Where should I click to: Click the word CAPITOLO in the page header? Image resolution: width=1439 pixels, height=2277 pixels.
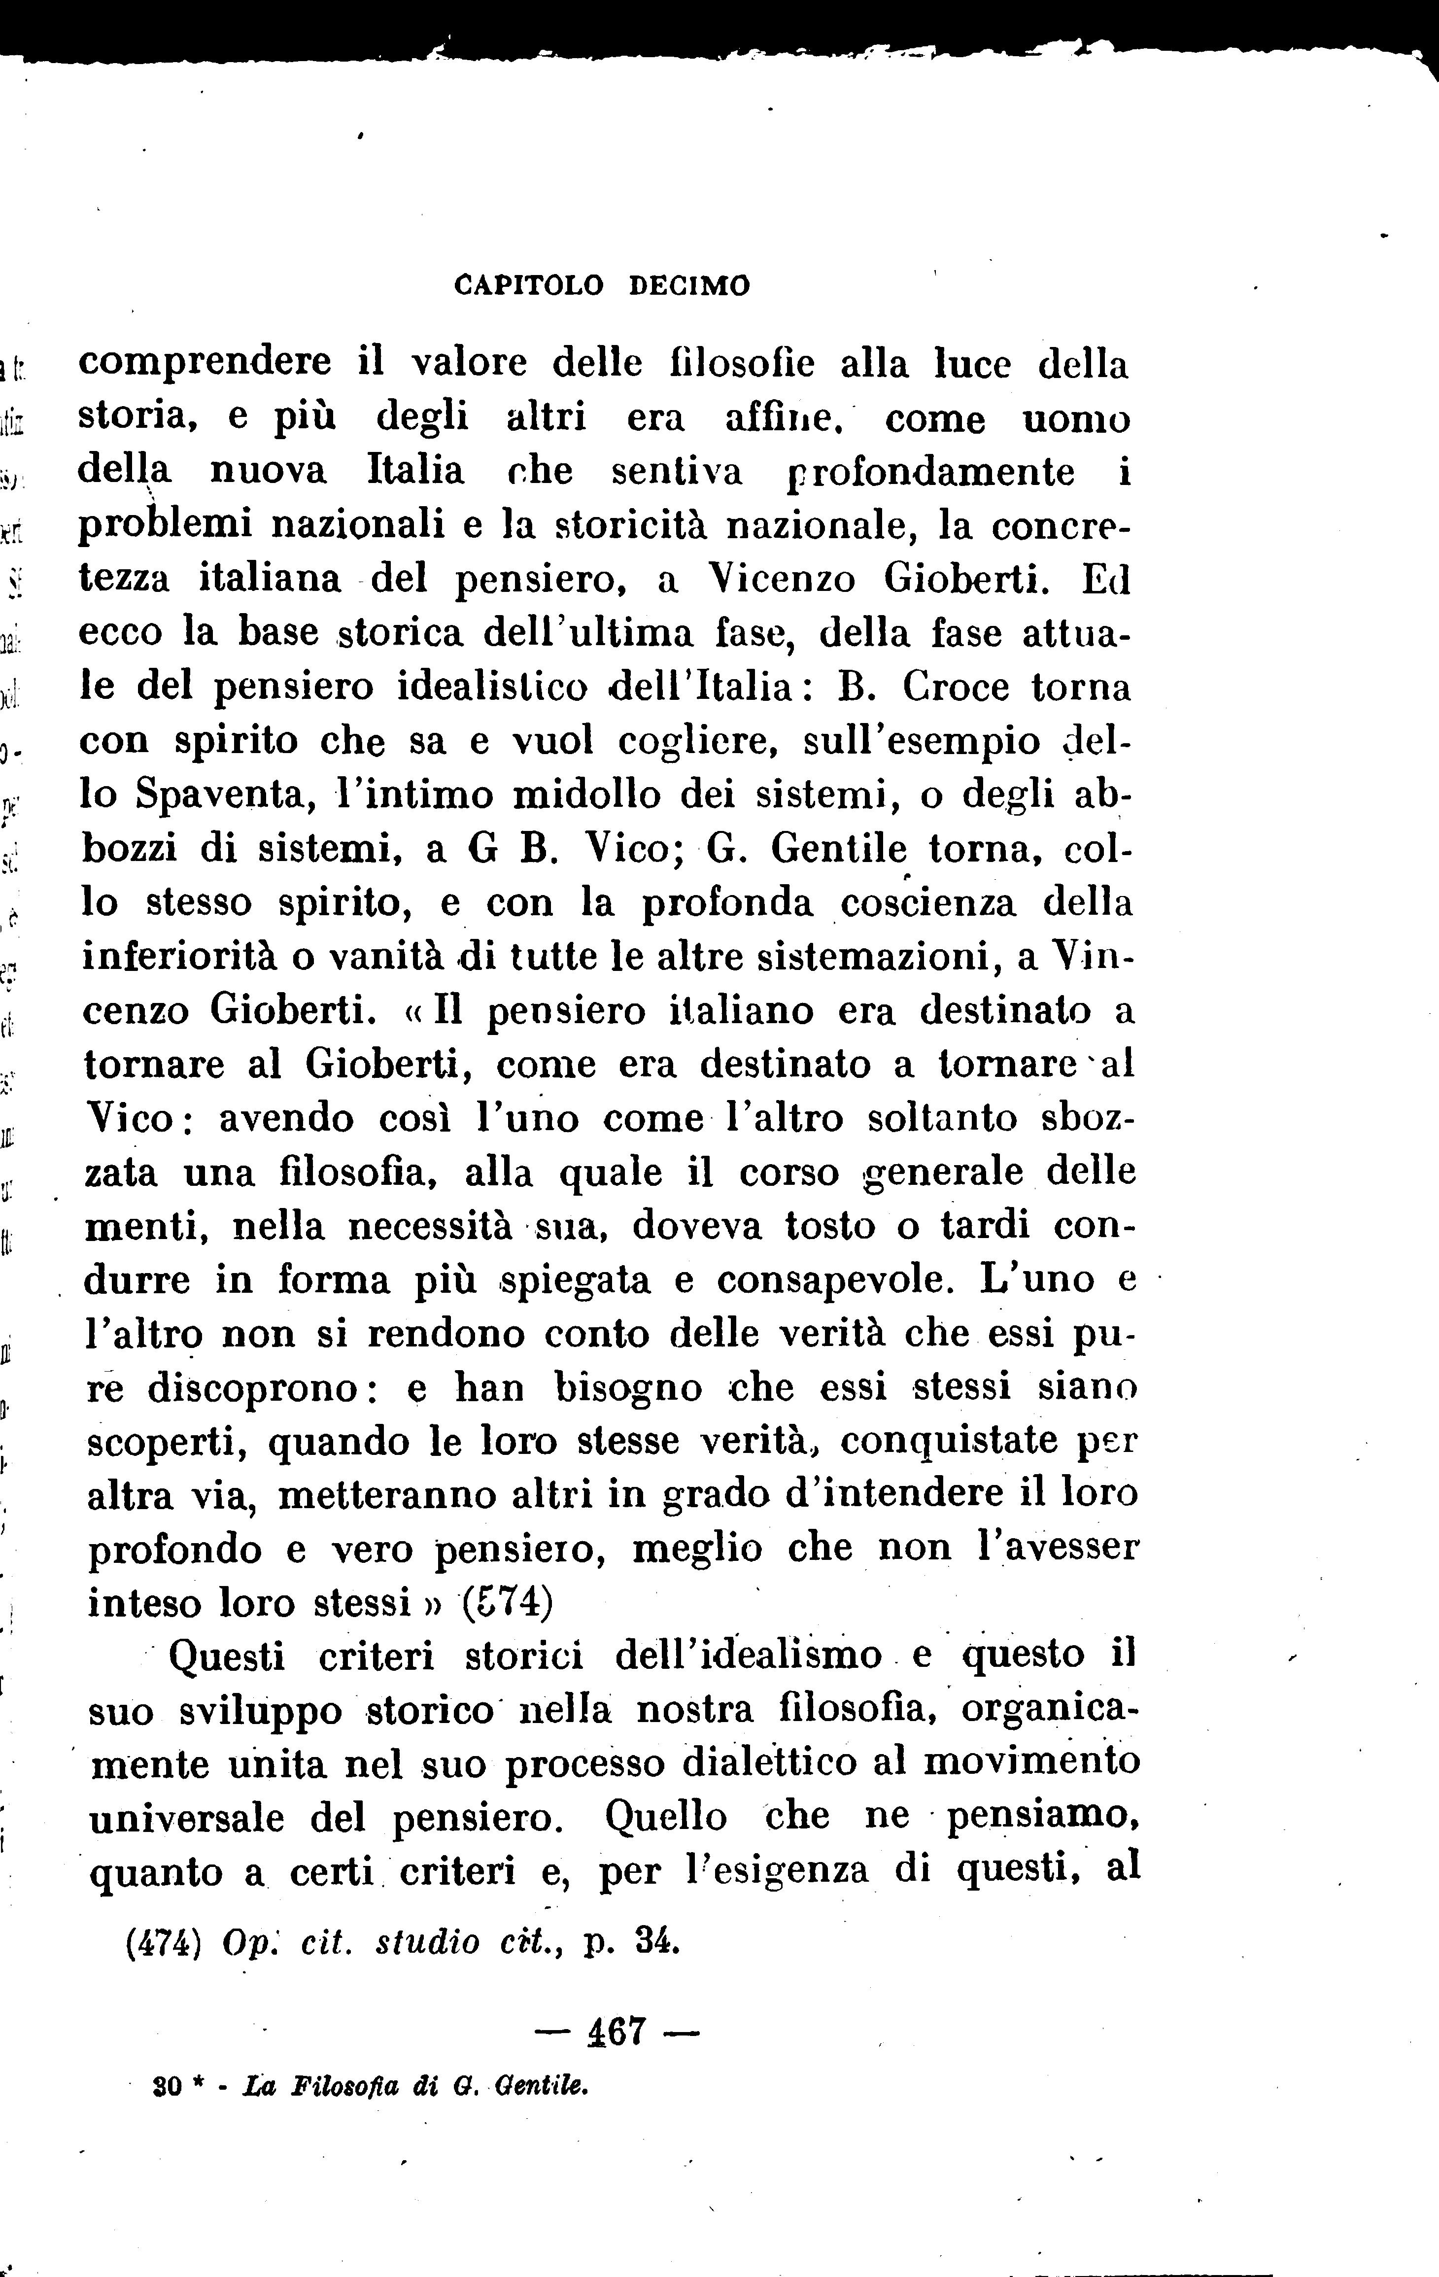click(528, 285)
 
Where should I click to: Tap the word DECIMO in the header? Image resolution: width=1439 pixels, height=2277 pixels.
click(689, 285)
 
